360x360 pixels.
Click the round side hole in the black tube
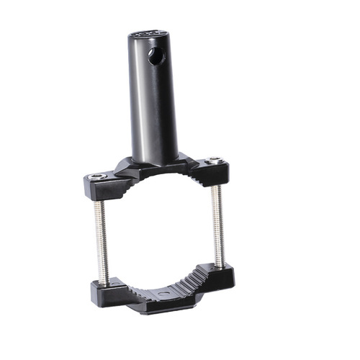pyautogui.click(x=156, y=56)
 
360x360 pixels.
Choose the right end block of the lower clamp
pyautogui.click(x=220, y=275)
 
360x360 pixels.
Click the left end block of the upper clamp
pyautogui.click(x=97, y=187)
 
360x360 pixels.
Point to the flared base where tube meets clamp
pyautogui.click(x=155, y=166)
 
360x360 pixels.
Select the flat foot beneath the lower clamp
pyautogui.click(x=162, y=310)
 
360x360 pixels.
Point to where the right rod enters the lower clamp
pyautogui.click(x=220, y=264)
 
